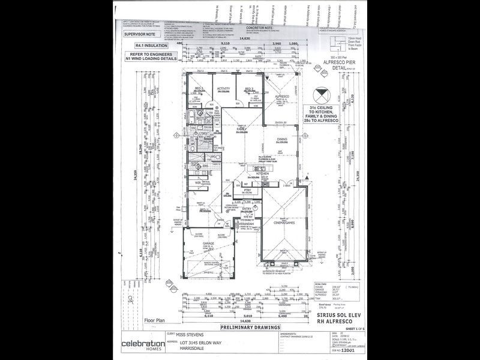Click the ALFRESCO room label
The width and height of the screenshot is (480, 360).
click(282, 96)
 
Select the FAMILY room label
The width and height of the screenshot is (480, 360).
click(242, 128)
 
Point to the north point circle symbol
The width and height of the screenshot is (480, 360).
click(322, 94)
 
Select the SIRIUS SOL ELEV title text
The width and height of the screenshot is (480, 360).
click(337, 314)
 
